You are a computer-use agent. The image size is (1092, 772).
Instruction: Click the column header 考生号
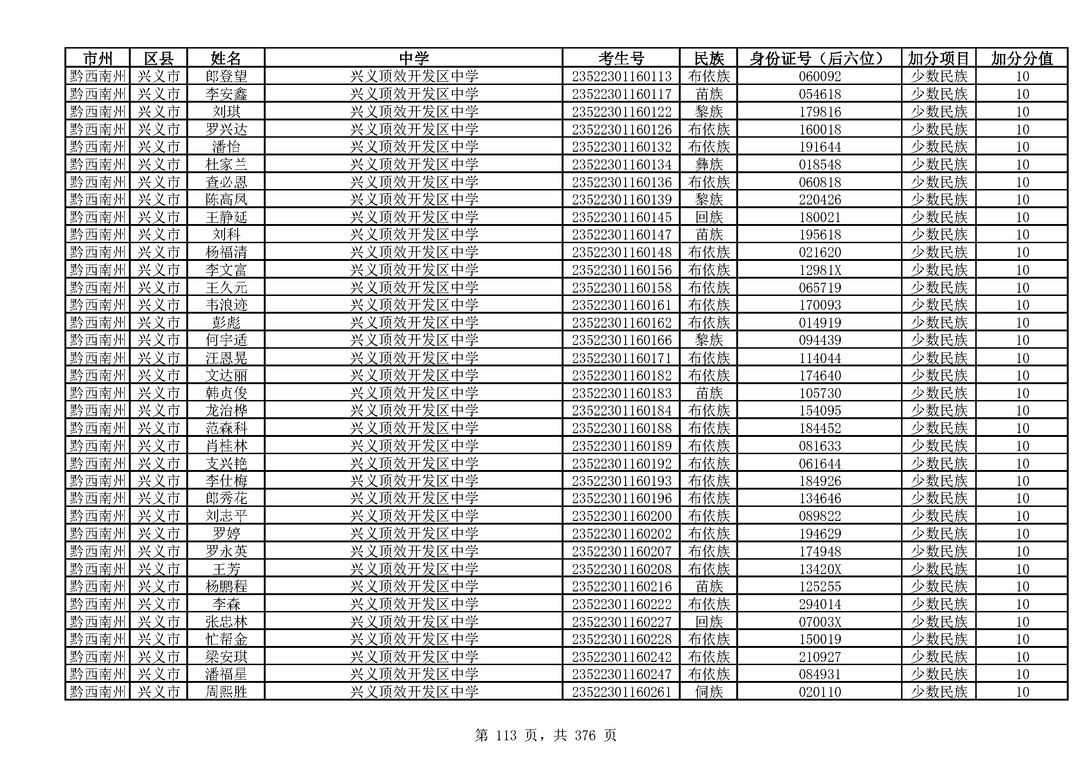click(x=620, y=58)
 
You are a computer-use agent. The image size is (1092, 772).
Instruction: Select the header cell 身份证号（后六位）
click(x=818, y=58)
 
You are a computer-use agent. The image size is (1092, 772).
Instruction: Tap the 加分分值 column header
click(x=1022, y=58)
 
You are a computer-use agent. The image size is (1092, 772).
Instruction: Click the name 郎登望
click(x=226, y=77)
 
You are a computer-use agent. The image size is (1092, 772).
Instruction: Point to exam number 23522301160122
click(x=621, y=112)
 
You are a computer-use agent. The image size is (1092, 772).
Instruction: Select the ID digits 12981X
click(x=819, y=270)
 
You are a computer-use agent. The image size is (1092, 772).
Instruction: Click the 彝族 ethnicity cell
click(x=709, y=164)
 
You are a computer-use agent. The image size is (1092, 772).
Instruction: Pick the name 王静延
click(x=226, y=217)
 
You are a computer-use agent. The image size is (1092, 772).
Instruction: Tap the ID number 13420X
click(x=819, y=569)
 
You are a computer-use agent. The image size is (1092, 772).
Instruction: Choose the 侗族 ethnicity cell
click(x=709, y=692)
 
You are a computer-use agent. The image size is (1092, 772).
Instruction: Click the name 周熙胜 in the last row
click(x=226, y=692)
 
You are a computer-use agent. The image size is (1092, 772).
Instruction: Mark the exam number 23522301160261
click(x=621, y=692)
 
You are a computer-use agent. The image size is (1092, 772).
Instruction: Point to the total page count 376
click(x=585, y=736)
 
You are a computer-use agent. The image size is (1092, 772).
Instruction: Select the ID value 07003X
click(x=819, y=622)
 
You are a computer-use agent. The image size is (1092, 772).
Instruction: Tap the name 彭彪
click(x=226, y=323)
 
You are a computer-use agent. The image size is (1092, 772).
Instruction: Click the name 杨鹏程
click(x=226, y=587)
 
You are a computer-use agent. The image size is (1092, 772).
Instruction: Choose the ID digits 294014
click(x=819, y=604)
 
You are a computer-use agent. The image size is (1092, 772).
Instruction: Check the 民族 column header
click(x=709, y=58)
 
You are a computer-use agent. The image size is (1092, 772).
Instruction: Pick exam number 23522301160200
click(x=621, y=516)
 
